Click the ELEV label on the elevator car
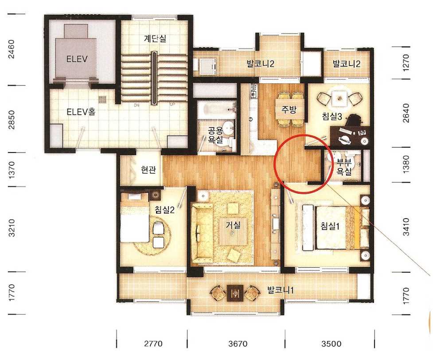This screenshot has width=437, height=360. (x=77, y=59)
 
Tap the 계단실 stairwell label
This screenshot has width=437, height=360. (x=155, y=38)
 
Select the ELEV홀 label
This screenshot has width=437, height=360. (x=82, y=112)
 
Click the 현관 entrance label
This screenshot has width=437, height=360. (x=148, y=169)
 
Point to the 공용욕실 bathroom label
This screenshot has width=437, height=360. (x=215, y=134)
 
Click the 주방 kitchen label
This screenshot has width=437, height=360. (x=289, y=110)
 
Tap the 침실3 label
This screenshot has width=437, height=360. (x=332, y=116)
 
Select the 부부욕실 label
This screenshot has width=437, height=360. (x=344, y=166)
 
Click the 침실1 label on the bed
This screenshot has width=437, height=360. (x=330, y=226)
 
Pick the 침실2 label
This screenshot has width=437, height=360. (x=165, y=209)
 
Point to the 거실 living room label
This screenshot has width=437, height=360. (x=233, y=225)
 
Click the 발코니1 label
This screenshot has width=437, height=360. (x=281, y=290)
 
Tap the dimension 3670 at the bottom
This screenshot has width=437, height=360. (x=238, y=344)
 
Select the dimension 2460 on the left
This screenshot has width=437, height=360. (x=12, y=49)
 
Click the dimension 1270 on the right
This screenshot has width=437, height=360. (x=406, y=63)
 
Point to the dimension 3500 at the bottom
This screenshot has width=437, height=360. (x=331, y=344)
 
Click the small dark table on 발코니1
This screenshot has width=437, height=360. (x=235, y=293)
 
